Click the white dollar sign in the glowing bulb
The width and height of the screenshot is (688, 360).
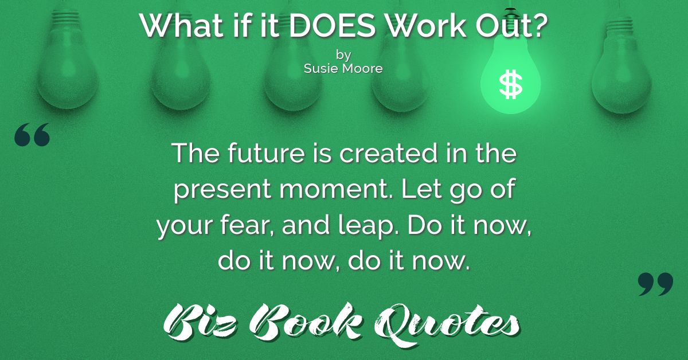coord(510,84)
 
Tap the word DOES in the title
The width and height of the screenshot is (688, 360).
coord(332,25)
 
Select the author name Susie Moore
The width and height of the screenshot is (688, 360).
coord(343,68)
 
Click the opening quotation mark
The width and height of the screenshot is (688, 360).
coord(32,135)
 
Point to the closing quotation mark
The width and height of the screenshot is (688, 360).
coord(655,284)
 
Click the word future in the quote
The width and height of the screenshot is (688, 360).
coord(266,153)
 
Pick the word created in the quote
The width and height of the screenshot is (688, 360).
coord(388,153)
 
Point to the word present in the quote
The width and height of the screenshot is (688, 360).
coord(222,190)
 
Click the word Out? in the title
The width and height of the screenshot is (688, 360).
coord(511,25)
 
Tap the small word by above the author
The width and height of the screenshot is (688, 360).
coord(343,55)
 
